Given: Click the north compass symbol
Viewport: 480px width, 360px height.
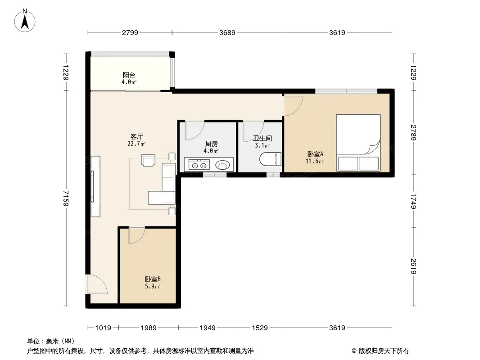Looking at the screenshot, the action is point(25,21).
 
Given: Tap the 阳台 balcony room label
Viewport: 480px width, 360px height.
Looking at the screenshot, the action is point(129,75).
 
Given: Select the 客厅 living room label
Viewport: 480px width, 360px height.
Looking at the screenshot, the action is point(136,136).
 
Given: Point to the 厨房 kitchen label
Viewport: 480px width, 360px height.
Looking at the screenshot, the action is point(211,144).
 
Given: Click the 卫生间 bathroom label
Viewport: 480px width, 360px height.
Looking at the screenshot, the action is point(263,138).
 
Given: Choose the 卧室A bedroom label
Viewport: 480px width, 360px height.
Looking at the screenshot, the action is point(315,154).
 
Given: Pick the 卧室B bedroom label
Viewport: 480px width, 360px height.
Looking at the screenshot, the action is point(153,279).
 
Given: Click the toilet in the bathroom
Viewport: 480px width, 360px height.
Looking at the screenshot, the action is point(270,159).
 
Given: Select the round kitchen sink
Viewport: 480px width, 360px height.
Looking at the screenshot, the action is point(222,166).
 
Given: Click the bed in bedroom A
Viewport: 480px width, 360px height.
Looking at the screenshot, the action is point(358,143).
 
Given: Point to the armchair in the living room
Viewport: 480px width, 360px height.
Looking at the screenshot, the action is point(148,160).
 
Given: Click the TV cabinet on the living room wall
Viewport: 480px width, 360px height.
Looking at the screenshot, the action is point(95,186).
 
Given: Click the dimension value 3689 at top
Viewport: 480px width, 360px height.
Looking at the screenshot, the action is point(227,33).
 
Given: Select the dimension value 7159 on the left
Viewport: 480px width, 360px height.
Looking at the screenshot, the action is point(66,198).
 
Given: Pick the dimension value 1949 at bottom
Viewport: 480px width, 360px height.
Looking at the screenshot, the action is point(208,328).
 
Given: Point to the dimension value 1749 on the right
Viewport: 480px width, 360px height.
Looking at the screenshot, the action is point(413,201).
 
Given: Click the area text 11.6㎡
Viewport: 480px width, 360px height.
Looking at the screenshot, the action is point(315,161).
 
